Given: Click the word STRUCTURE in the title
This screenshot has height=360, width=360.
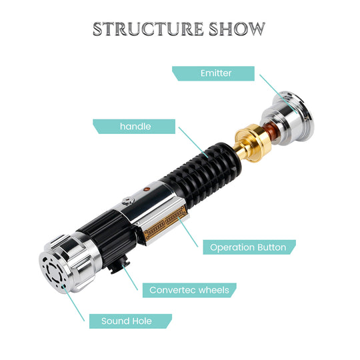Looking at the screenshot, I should (x=148, y=29).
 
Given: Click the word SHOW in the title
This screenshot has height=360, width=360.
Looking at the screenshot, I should (x=237, y=29).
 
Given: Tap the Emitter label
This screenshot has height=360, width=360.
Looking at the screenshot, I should (x=216, y=73).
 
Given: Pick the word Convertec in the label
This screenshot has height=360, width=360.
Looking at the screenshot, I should (x=171, y=290).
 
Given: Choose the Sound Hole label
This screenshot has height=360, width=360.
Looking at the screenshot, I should (x=126, y=321).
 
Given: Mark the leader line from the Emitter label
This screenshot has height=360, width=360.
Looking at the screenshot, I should (x=273, y=90).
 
